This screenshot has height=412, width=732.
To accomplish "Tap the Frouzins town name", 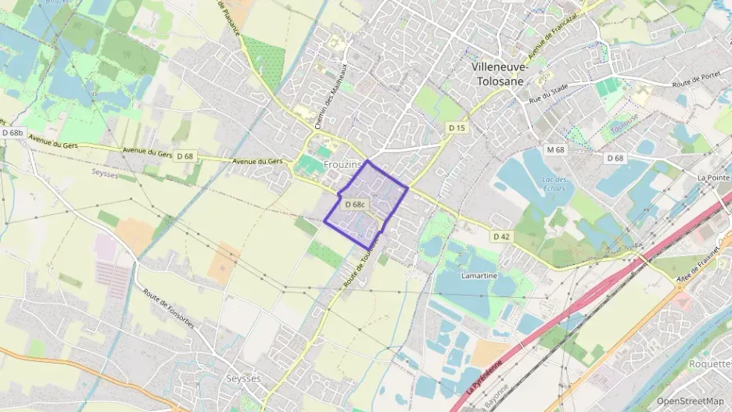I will coord(343,165).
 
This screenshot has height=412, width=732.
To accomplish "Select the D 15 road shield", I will coord(457,127).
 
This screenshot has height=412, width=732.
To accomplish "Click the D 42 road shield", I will coord(501,235).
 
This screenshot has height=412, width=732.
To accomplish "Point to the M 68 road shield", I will coord(555,149).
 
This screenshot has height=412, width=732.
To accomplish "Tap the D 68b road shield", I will coord(12,134).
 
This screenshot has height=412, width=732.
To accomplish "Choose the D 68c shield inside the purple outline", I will coord(354,205).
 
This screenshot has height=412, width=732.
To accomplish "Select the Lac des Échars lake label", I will coord(554,184).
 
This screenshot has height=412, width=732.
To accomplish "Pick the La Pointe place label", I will coord(713,178).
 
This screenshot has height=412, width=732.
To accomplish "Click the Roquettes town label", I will coord(709,364).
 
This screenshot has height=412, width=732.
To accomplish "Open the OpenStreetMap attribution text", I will coord(689,401).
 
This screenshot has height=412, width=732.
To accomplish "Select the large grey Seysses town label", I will coord(242,378).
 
